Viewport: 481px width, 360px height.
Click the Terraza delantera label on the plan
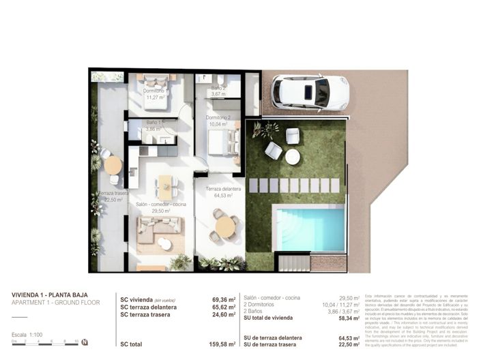pos(222,192)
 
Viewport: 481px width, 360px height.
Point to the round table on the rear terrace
pos(113,165)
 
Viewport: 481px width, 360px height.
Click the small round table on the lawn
pos(292,157)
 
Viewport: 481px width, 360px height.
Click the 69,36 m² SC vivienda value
pos(223,299)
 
